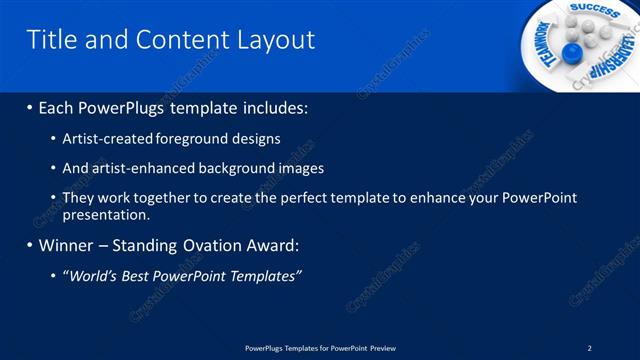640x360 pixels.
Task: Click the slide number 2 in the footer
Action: click(x=589, y=347)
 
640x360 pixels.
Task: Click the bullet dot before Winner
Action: click(x=29, y=246)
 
